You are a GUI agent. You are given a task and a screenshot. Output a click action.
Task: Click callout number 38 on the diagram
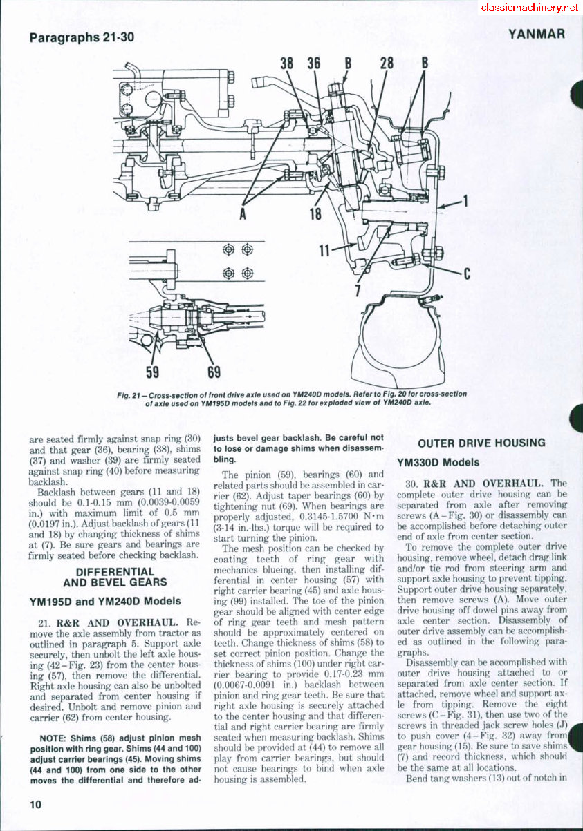click(x=286, y=64)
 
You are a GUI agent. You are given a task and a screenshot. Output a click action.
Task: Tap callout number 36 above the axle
click(x=314, y=64)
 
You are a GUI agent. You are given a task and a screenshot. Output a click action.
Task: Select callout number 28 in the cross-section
click(x=387, y=64)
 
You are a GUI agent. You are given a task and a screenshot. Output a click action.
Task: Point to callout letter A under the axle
click(x=243, y=213)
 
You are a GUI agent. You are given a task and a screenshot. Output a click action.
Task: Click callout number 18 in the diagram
click(x=316, y=213)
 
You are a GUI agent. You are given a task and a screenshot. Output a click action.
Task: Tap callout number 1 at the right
click(x=466, y=202)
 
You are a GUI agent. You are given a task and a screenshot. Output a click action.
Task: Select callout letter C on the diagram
click(x=467, y=274)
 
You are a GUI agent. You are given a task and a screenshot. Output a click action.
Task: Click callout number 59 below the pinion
click(x=152, y=372)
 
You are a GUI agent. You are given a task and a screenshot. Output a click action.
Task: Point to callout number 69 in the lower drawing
click(x=214, y=372)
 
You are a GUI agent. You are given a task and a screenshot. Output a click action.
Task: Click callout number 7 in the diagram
click(x=358, y=290)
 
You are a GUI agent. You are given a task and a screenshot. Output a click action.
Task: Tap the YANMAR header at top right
click(x=537, y=34)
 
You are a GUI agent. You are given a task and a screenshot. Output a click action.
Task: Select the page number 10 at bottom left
click(x=36, y=803)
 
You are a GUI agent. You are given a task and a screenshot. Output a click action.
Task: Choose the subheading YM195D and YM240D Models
click(x=105, y=600)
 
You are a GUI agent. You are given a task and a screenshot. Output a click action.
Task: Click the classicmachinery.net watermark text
click(x=529, y=8)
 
